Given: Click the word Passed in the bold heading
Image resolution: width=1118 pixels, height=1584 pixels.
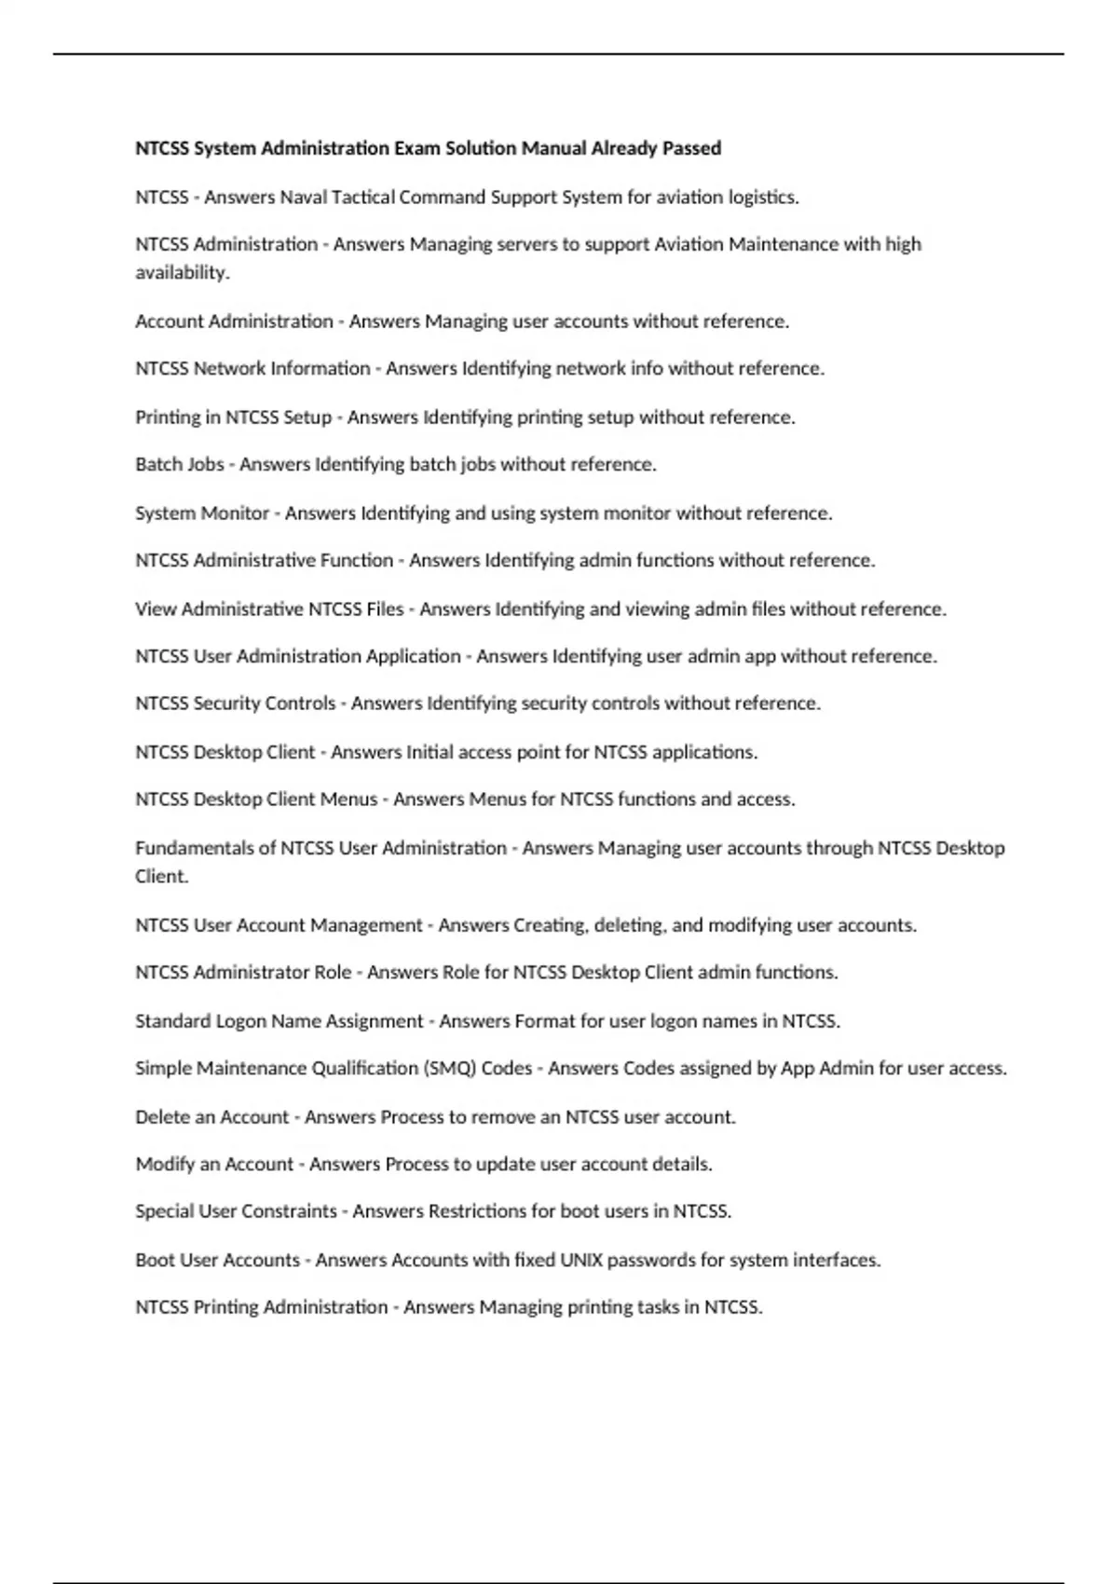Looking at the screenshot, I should coord(691,148).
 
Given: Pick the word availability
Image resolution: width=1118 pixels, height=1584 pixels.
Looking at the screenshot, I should coord(182,272).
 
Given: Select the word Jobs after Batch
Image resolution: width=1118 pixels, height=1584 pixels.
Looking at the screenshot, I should coord(205,464).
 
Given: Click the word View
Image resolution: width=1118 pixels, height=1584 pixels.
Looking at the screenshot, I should coord(156,608).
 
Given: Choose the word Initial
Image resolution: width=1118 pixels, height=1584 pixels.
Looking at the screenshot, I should coord(434,752).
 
